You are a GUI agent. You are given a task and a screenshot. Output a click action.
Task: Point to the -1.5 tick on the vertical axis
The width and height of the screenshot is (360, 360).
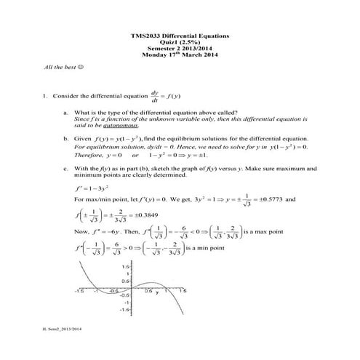click(124, 309)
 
